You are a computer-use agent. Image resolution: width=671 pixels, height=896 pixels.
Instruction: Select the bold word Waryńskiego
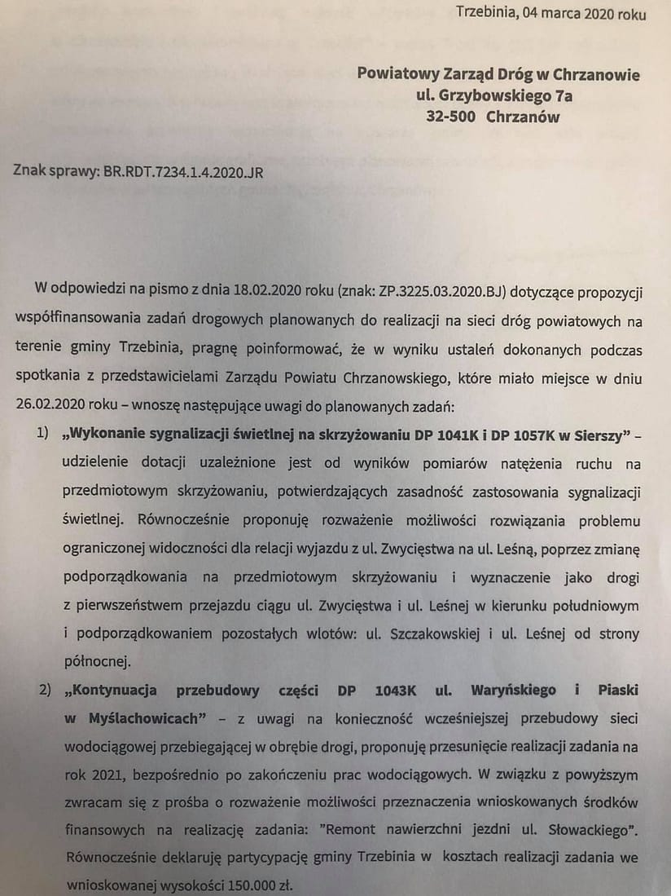(x=514, y=690)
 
